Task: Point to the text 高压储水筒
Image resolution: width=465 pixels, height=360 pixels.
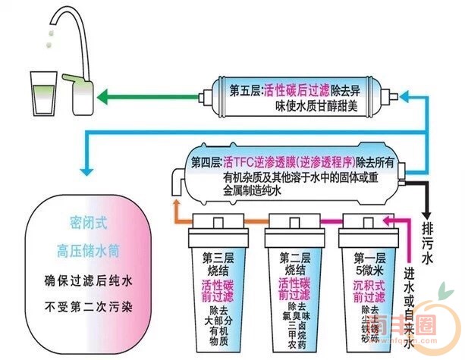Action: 83,249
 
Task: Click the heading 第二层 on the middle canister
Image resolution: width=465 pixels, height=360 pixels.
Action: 295,256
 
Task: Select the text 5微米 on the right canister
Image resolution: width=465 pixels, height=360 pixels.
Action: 369,268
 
